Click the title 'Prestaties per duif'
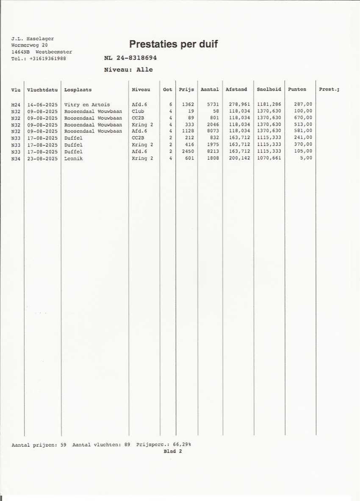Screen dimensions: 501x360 (173, 44)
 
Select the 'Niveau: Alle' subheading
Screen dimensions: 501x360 (128, 69)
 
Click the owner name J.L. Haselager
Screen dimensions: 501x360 (33, 39)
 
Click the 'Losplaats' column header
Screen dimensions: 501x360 (78, 90)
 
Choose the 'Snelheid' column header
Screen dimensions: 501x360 (269, 90)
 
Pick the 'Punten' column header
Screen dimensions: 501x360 (297, 90)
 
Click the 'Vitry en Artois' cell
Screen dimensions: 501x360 (87, 104)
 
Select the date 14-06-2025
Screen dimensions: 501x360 (42, 104)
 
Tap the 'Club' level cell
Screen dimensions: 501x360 (138, 111)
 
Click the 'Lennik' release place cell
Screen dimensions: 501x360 (74, 158)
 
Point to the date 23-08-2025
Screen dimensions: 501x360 (42, 158)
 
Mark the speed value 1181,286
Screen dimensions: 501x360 (269, 104)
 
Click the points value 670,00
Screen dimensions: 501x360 (303, 118)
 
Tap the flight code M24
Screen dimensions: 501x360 (16, 104)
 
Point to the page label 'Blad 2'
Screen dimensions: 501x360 (172, 451)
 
